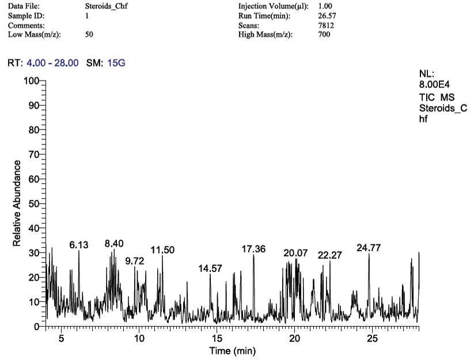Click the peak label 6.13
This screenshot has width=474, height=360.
79,245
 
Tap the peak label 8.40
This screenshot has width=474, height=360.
114,244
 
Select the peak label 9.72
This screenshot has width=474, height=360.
135,261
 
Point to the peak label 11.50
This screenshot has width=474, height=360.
162,249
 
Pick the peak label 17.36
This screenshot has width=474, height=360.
253,249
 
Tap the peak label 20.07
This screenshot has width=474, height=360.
295,253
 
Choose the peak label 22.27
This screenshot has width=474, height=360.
330,255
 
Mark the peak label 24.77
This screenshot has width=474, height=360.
369,248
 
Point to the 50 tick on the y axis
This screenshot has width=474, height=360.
33,204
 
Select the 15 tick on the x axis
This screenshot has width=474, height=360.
217,339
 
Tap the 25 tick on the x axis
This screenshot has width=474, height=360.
373,339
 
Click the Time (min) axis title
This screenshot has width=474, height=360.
232,351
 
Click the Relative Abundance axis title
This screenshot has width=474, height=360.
17,204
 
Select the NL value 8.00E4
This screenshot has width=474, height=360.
434,84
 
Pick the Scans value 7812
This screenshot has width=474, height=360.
326,25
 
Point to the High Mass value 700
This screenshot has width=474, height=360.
324,35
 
